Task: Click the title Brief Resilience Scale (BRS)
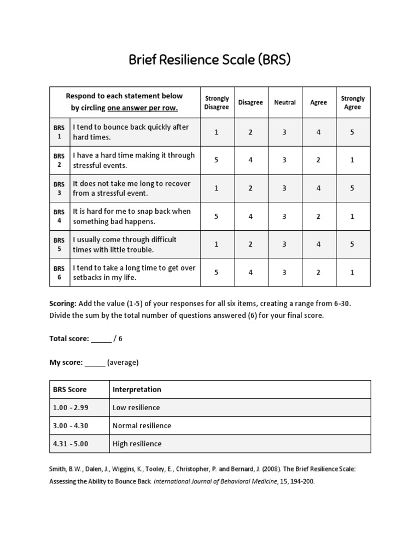[x=209, y=59]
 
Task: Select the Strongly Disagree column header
[x=217, y=103]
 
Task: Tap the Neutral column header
[x=285, y=102]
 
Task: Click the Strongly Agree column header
[x=353, y=103]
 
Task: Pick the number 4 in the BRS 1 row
[x=319, y=132]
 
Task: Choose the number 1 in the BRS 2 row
[x=353, y=160]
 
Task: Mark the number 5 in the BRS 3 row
[x=353, y=188]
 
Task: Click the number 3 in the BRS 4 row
[x=285, y=217]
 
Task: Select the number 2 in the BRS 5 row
[x=250, y=244]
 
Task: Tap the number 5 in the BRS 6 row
[x=217, y=272]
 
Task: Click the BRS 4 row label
[x=59, y=217]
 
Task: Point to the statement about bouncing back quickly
[x=131, y=132]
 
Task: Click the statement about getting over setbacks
[x=134, y=272]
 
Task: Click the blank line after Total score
[x=101, y=339]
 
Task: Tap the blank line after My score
[x=95, y=363]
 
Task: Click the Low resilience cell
[x=136, y=407]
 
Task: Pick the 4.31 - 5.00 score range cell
[x=71, y=444]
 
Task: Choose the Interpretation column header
[x=137, y=389]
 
